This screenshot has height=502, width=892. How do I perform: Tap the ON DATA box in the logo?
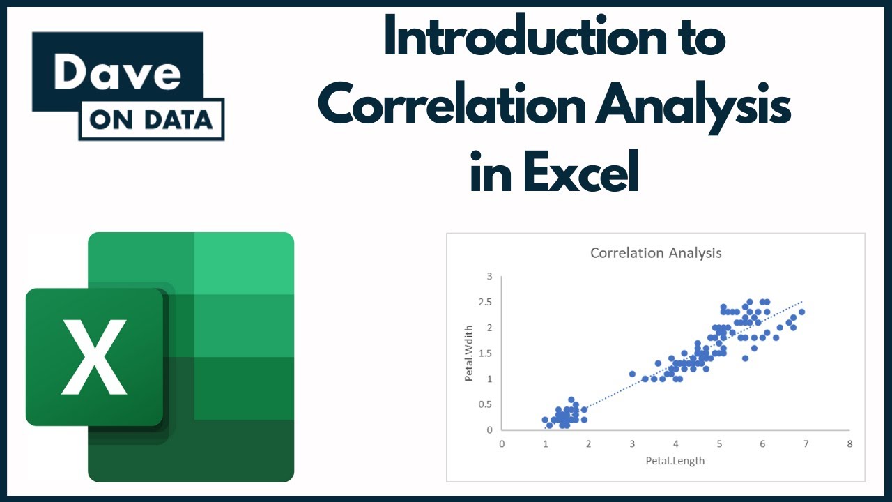click(151, 120)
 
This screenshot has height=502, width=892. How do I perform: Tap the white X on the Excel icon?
click(94, 356)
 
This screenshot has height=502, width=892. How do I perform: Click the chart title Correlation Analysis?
click(655, 253)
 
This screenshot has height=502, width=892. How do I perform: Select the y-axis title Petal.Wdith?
click(469, 353)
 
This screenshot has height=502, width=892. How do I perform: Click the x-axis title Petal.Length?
click(675, 460)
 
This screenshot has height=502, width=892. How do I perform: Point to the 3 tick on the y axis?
click(489, 277)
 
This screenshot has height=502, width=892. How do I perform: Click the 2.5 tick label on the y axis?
click(485, 302)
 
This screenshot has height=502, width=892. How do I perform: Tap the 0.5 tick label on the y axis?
click(485, 404)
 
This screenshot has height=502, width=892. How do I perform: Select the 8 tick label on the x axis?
click(849, 443)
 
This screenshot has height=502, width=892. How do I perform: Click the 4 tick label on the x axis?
click(675, 443)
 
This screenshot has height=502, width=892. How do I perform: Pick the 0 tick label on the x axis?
click(502, 443)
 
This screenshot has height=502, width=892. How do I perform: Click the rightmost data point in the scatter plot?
click(801, 312)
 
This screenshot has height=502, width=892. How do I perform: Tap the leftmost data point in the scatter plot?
click(545, 420)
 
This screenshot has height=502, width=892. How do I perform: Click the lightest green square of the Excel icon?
click(244, 263)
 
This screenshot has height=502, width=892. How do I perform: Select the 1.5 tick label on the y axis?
click(485, 353)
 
